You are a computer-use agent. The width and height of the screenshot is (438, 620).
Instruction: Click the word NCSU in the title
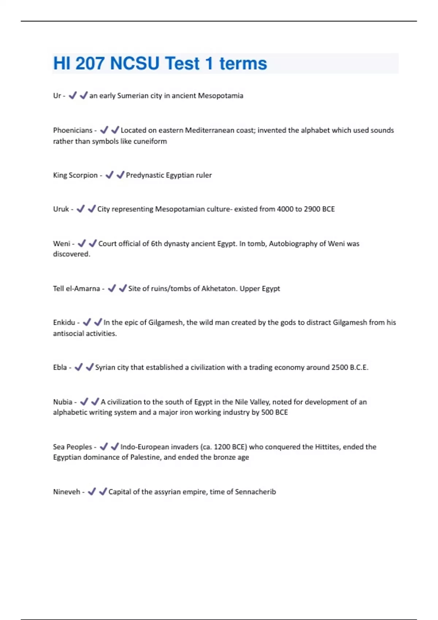pos(134,63)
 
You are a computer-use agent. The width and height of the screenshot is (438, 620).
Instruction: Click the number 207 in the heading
pos(90,63)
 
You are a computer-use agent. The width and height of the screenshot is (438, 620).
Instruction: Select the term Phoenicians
pos(73,130)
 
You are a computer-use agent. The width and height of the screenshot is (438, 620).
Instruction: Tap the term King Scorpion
pos(75,175)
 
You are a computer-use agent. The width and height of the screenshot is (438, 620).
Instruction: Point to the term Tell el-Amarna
pos(76,288)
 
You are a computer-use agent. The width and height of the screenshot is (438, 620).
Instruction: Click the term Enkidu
pos(64,322)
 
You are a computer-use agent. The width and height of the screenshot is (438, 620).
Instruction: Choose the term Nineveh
pos(66,492)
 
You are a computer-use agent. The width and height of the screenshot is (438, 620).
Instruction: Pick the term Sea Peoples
pos(72,447)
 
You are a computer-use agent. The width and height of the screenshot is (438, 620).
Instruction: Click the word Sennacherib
pos(255,492)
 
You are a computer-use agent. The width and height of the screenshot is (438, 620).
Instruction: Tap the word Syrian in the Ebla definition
pos(105,367)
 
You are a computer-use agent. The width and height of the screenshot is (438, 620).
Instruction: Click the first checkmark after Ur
pos(73,96)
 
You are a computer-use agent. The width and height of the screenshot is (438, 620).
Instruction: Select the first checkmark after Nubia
pos(84,402)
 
